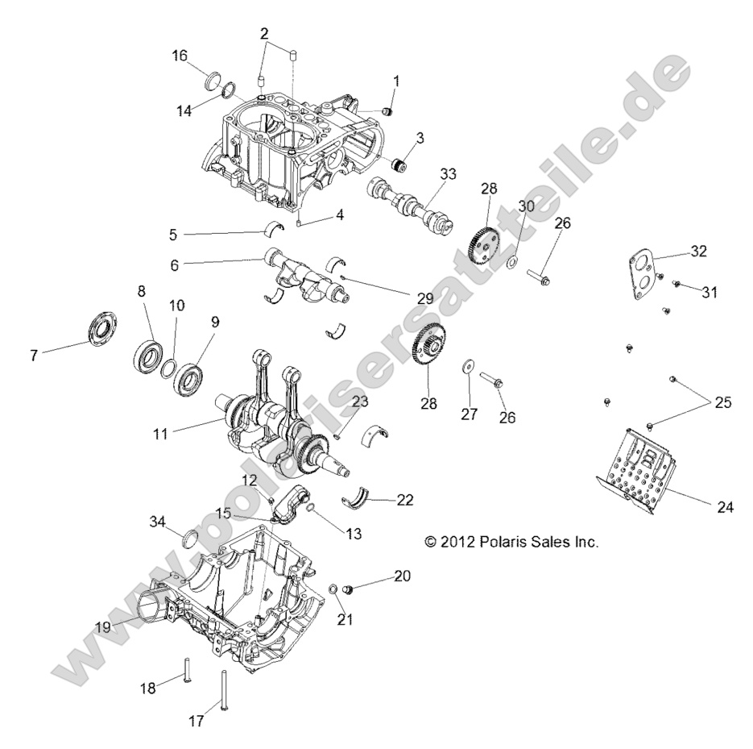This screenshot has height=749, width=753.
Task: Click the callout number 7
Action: pyautogui.click(x=34, y=355)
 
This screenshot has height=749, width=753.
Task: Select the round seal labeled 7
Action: pyautogui.click(x=102, y=330)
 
